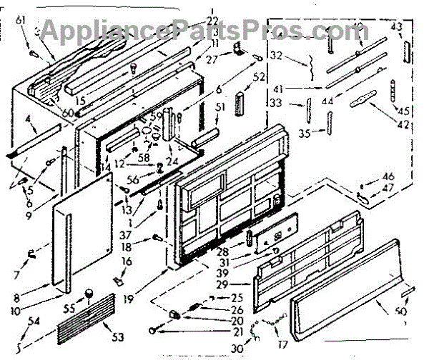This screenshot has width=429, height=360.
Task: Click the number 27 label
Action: click(x=212, y=59)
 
